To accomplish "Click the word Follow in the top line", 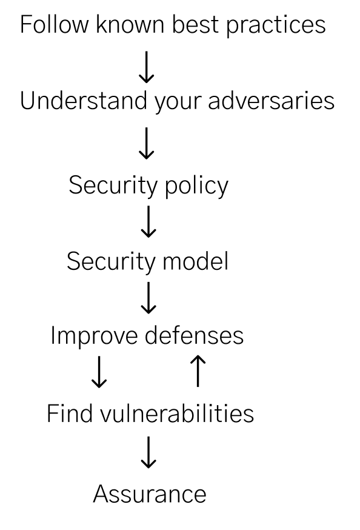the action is pyautogui.click(x=55, y=24).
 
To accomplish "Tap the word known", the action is pyautogui.click(x=130, y=24).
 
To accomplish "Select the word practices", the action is pyautogui.click(x=276, y=26).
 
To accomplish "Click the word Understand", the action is pyautogui.click(x=84, y=101).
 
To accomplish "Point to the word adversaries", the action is pyautogui.click(x=271, y=101).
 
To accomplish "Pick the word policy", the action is pyautogui.click(x=196, y=187).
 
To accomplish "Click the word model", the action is pyautogui.click(x=196, y=261).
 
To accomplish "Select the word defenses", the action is pyautogui.click(x=194, y=335).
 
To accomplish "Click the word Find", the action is pyautogui.click(x=70, y=413).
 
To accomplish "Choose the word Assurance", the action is pyautogui.click(x=150, y=494).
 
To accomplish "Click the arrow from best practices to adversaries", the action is pyautogui.click(x=147, y=67).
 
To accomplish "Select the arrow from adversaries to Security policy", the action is pyautogui.click(x=147, y=143).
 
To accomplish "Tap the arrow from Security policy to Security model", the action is pyautogui.click(x=148, y=221).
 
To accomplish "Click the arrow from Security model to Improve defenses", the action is pyautogui.click(x=148, y=298).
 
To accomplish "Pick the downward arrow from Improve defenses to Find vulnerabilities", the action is pyautogui.click(x=99, y=372).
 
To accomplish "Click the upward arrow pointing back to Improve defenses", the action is pyautogui.click(x=198, y=371).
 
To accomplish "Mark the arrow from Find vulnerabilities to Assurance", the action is pyautogui.click(x=148, y=452).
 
